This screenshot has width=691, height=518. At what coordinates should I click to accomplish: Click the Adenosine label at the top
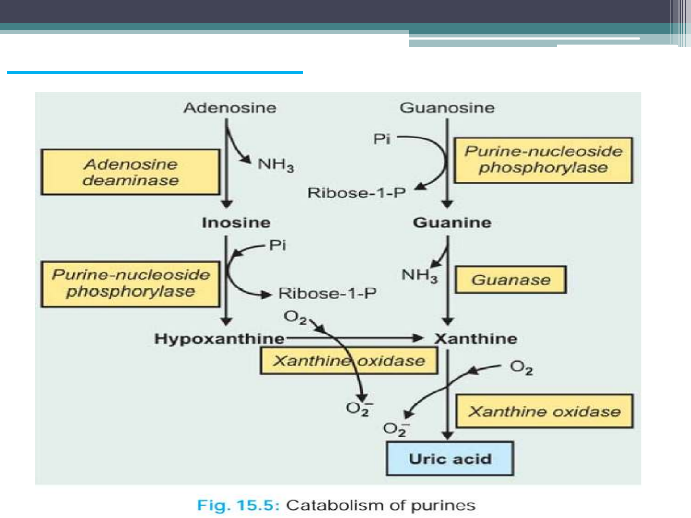[x=230, y=108]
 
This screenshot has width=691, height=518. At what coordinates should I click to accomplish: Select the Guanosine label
[x=447, y=108]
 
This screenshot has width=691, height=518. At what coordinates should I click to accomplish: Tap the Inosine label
[x=236, y=222]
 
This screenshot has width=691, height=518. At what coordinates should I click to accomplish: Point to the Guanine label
[x=452, y=222]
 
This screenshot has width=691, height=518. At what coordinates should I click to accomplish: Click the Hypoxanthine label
[x=219, y=339]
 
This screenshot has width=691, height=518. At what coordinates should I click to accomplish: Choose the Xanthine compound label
[x=476, y=339]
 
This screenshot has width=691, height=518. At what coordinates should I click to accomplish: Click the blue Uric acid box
[x=450, y=459]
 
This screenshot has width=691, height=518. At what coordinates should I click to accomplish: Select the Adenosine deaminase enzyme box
[x=130, y=172]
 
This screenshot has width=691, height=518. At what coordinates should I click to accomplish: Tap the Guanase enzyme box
[x=511, y=280]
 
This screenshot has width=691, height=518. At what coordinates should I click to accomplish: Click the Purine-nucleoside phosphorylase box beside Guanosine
[x=543, y=160]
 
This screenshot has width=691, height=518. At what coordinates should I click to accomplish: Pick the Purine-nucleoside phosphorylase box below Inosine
[x=130, y=284]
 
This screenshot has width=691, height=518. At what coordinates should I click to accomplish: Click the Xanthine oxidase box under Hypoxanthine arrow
[x=349, y=361]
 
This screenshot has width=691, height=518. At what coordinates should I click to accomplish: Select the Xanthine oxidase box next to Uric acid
[x=544, y=411]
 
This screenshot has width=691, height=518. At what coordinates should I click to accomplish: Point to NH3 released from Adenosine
[x=276, y=165]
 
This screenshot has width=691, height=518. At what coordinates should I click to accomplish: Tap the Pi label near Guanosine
[x=382, y=139]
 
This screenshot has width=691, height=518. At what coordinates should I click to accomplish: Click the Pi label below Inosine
[x=277, y=245]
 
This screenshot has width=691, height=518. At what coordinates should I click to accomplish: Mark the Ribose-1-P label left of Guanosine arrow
[x=356, y=193]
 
